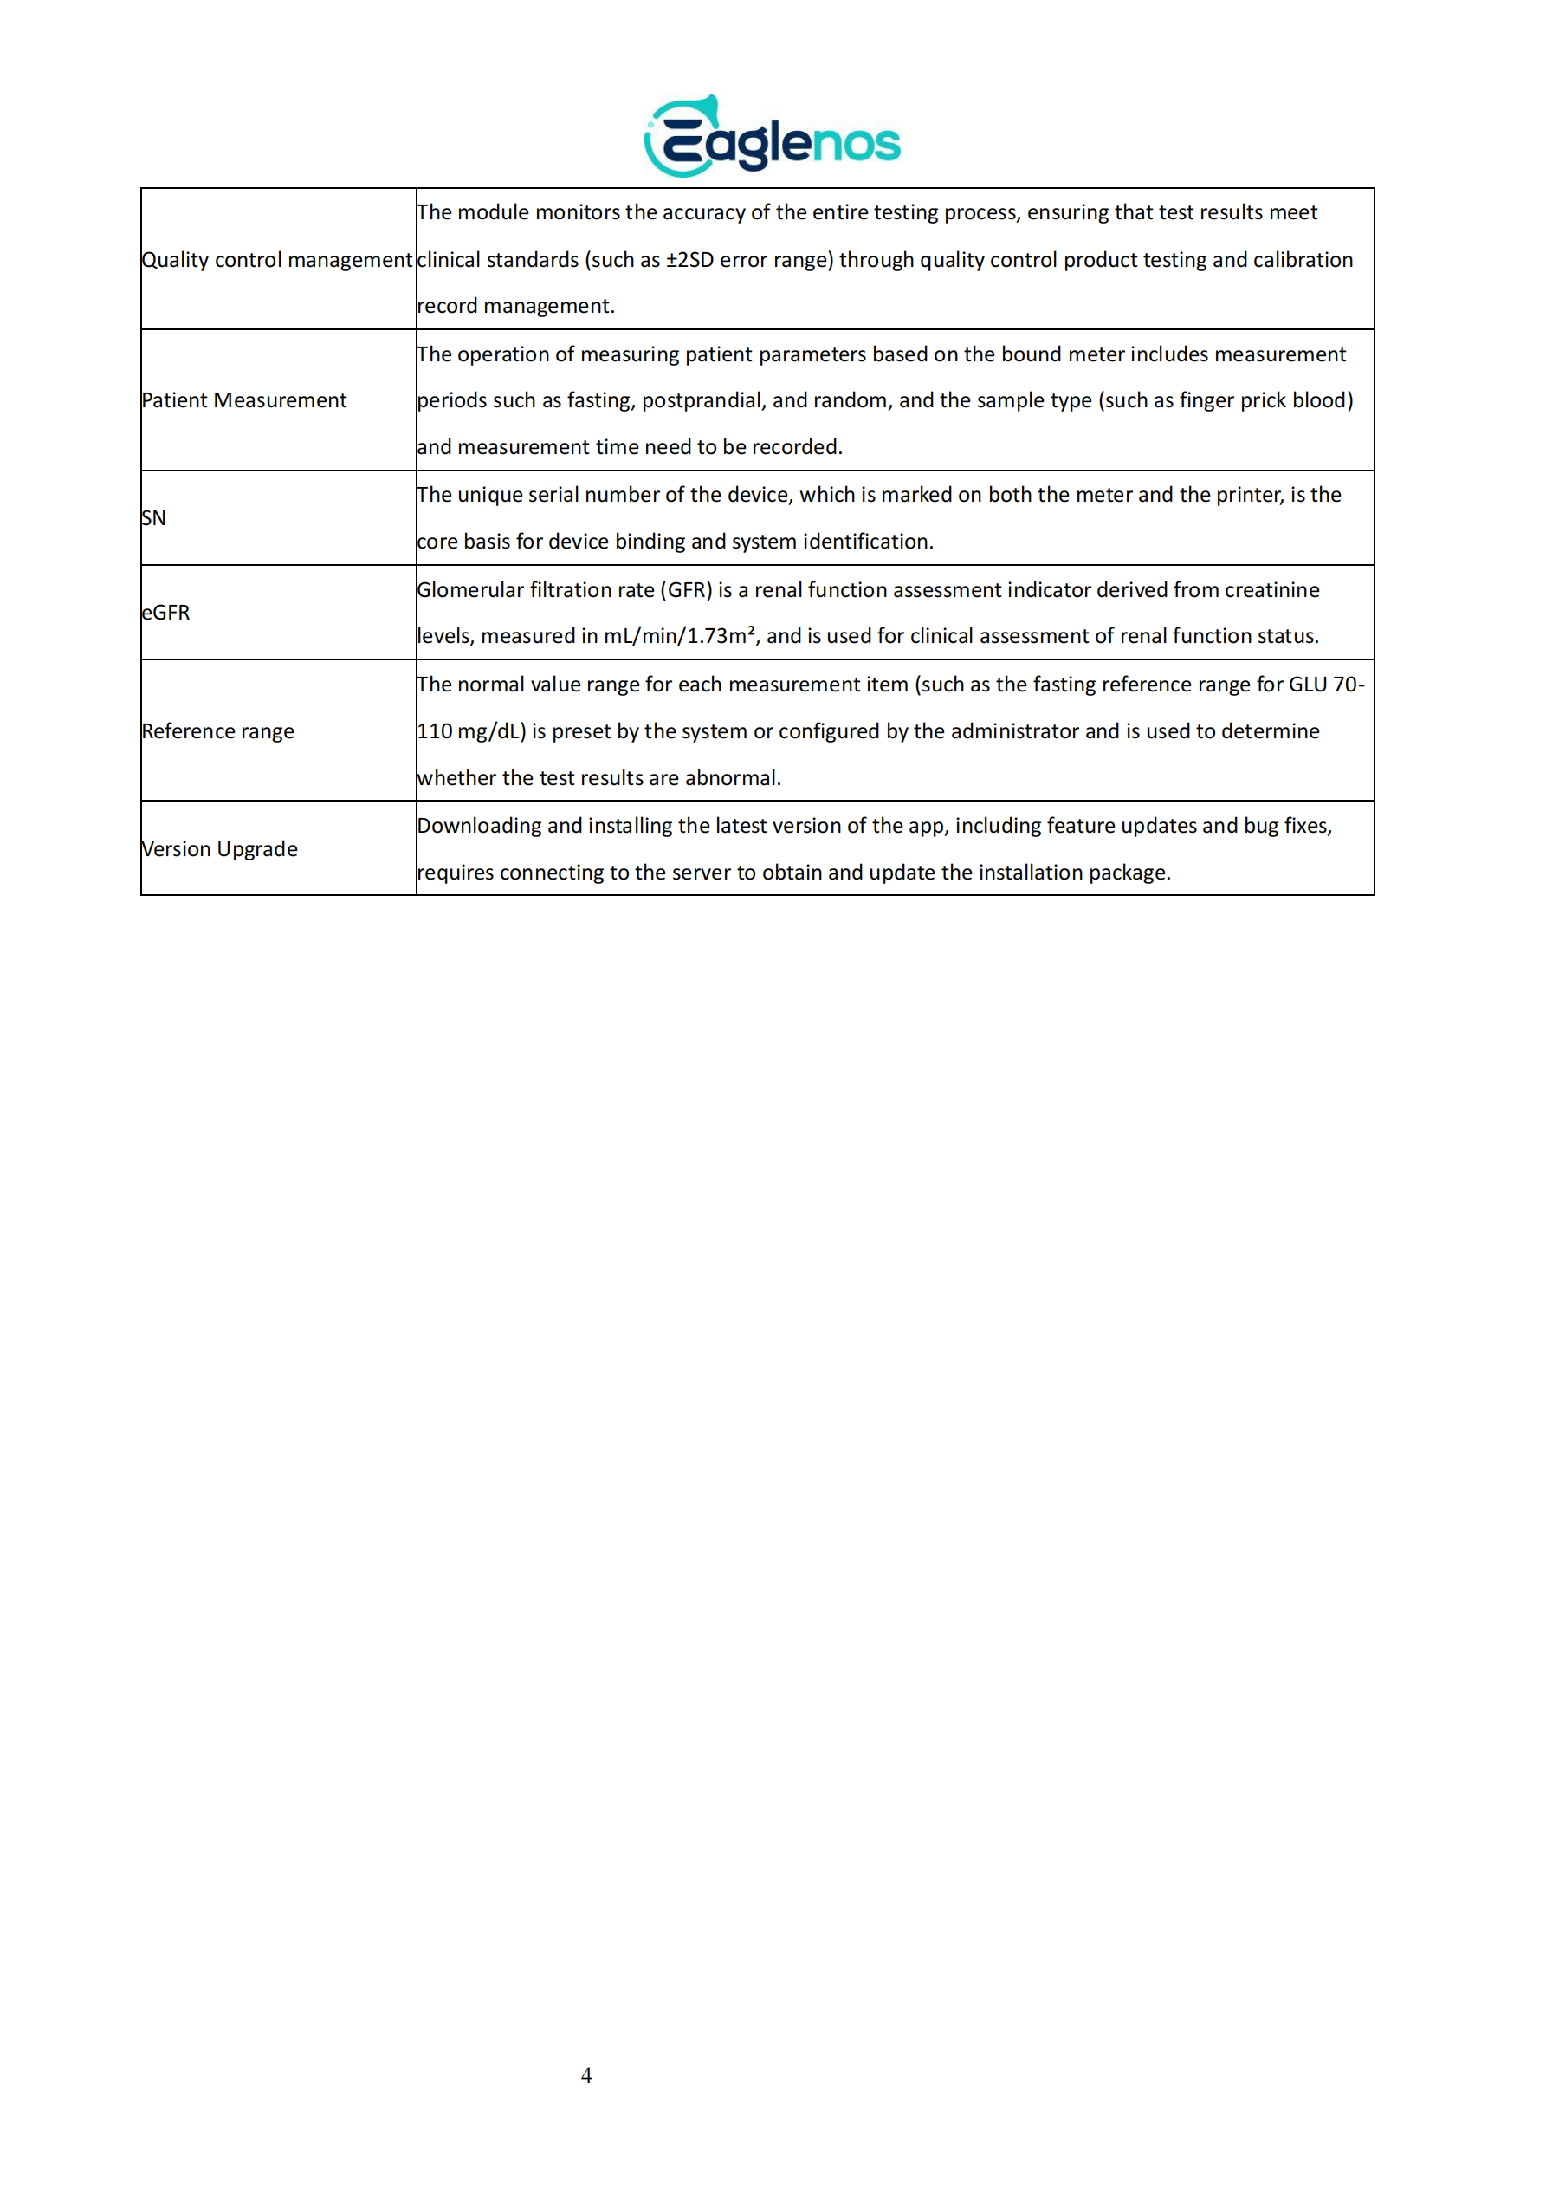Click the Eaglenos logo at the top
click(773, 137)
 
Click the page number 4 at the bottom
click(585, 2074)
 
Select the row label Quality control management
click(276, 259)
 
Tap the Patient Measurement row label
click(244, 400)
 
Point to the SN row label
click(153, 518)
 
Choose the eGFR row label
click(165, 613)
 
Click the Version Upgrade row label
click(219, 849)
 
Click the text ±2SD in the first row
click(689, 260)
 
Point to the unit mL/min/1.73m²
click(679, 636)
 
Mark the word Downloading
click(479, 825)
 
